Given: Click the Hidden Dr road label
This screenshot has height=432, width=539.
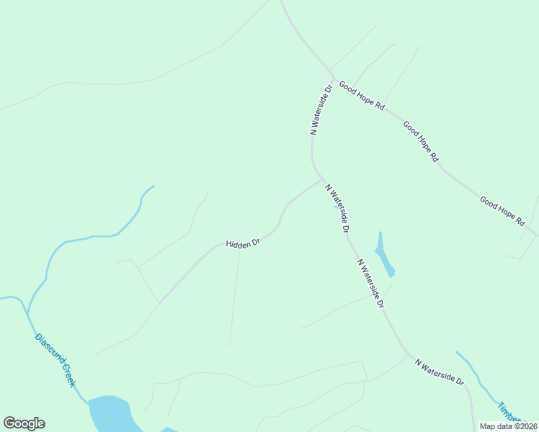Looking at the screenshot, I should pyautogui.click(x=242, y=244).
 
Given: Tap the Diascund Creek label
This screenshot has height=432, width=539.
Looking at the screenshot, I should pyautogui.click(x=55, y=360).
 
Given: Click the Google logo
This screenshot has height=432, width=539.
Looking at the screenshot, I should pyautogui.click(x=24, y=423).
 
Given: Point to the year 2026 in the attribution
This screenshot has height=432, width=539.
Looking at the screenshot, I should pyautogui.click(x=525, y=426).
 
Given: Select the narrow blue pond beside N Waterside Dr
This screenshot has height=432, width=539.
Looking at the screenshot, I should pyautogui.click(x=383, y=256).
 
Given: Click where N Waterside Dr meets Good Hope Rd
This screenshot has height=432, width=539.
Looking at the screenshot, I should pyautogui.click(x=333, y=76).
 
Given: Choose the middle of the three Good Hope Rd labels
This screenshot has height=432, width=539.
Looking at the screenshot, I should pyautogui.click(x=421, y=141).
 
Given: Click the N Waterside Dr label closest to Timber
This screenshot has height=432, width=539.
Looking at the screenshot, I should pyautogui.click(x=440, y=371).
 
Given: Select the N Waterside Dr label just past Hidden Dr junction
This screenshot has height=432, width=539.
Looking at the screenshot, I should pyautogui.click(x=337, y=208).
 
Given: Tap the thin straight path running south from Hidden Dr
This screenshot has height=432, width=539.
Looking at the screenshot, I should pyautogui.click(x=235, y=295).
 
